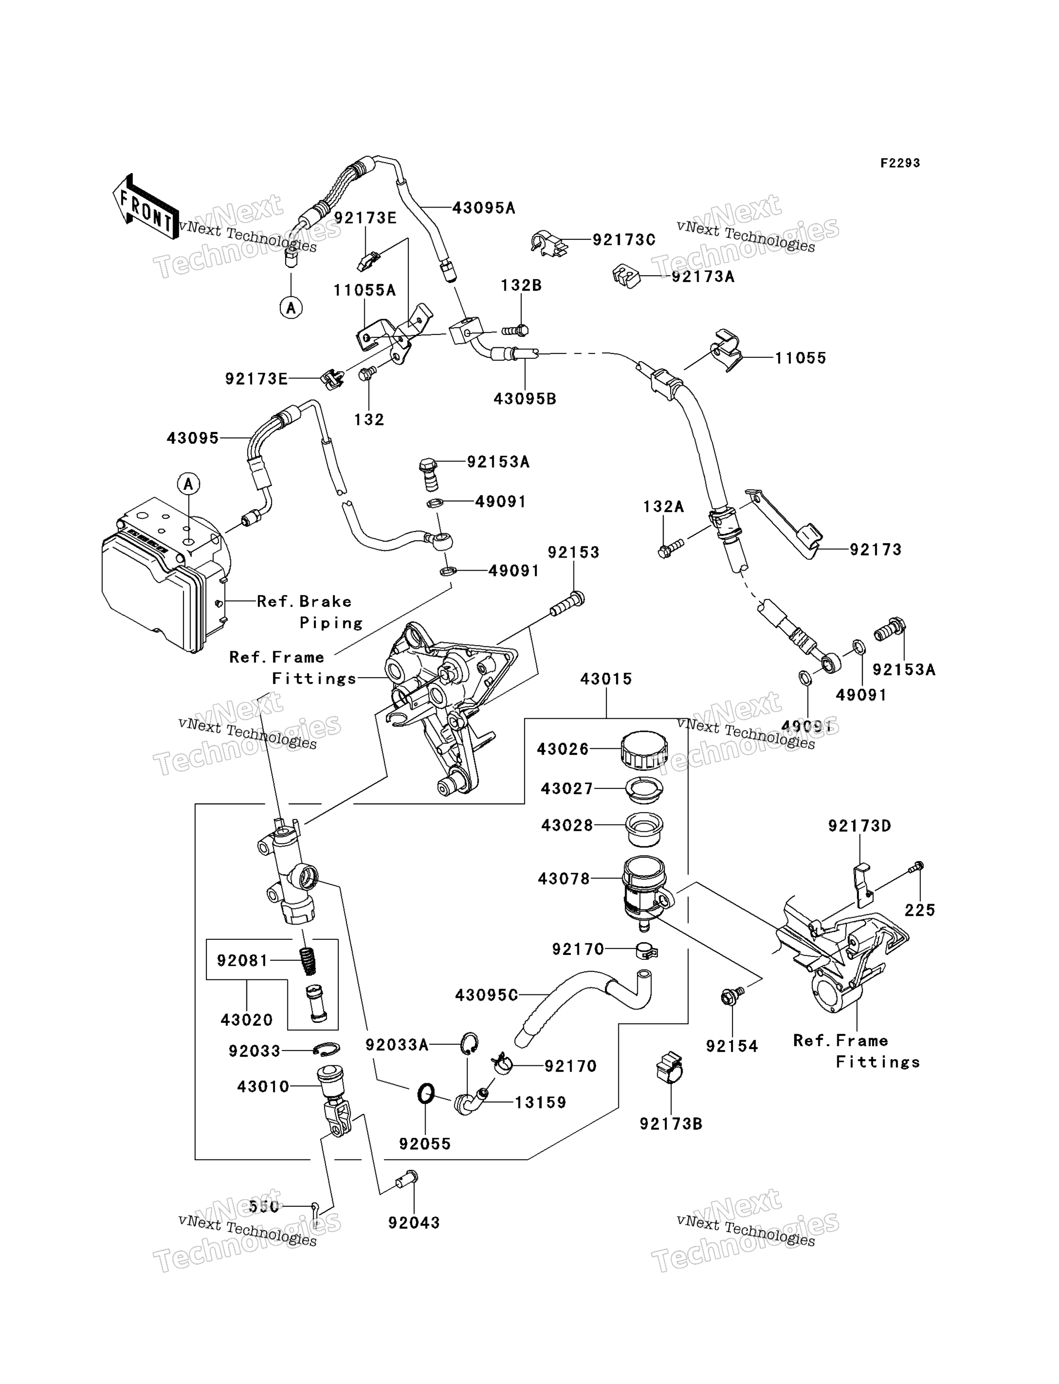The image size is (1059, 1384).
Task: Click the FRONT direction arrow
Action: click(145, 207)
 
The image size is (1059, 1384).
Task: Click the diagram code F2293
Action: click(900, 163)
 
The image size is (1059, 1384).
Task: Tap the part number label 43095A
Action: click(484, 208)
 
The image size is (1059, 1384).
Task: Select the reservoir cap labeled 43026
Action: click(644, 749)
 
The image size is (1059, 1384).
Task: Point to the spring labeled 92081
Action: click(306, 960)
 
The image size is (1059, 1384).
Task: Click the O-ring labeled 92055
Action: click(426, 1093)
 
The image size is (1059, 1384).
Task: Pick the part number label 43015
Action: click(606, 679)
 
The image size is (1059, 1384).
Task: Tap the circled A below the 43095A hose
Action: click(290, 308)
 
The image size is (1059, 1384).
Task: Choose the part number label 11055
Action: click(800, 359)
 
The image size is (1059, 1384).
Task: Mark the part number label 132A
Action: click(663, 507)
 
